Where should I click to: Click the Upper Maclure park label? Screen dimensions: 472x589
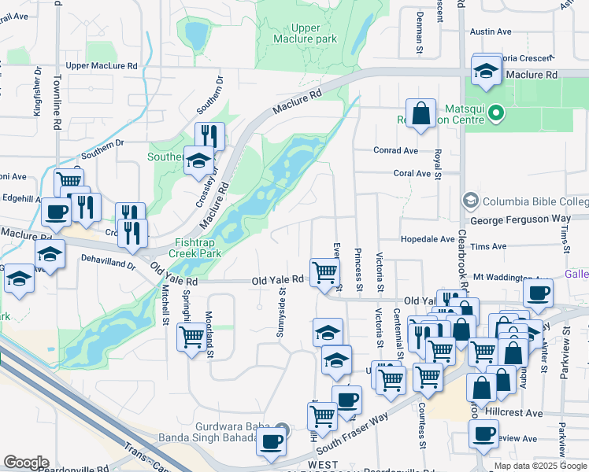305,33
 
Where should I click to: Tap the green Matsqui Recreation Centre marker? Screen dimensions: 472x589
495,115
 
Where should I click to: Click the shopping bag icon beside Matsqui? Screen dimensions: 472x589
422,112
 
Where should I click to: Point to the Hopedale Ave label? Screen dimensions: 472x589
424,238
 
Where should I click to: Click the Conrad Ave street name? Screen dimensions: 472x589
395,151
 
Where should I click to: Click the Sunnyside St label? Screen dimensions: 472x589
280,315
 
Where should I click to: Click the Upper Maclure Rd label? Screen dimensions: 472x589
102,66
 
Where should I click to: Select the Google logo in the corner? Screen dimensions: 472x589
26,463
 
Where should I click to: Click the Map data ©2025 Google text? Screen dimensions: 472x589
540,466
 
